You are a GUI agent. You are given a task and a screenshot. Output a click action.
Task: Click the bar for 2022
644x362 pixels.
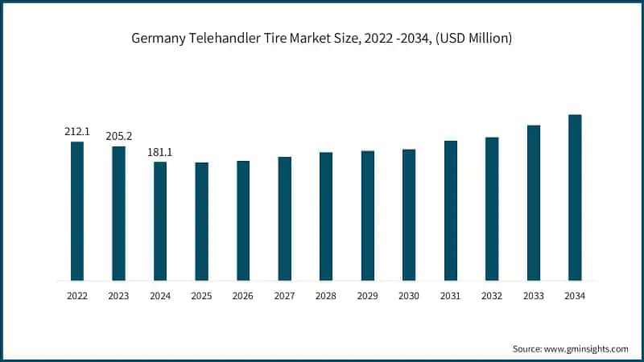77,211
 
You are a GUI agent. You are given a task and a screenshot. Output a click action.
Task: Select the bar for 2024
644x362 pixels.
160,221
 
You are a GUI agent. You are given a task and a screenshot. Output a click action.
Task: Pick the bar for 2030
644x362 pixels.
409,215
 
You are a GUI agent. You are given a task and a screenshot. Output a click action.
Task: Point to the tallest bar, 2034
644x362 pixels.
575,197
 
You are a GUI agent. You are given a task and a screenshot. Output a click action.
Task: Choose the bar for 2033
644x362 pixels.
534,203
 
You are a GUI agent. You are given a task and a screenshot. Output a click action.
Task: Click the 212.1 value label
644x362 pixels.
77,131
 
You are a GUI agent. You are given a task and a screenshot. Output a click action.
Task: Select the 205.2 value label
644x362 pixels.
118,136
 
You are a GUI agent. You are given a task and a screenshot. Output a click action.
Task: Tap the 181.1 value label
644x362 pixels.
160,151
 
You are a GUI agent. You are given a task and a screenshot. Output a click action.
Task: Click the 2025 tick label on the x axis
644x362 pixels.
201,296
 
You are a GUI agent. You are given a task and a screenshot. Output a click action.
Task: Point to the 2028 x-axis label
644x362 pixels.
326,296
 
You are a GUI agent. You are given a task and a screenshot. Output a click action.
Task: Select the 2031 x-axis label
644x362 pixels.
450,296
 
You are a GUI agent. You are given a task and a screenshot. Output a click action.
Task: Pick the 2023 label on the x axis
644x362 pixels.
118,296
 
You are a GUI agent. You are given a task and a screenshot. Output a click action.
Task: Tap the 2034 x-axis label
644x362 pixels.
575,296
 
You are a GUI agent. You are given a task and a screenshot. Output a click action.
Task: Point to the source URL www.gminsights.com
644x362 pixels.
588,349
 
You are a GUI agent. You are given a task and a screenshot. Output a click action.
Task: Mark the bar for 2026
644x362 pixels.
243,220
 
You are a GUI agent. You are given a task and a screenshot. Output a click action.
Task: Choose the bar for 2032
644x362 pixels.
492,209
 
